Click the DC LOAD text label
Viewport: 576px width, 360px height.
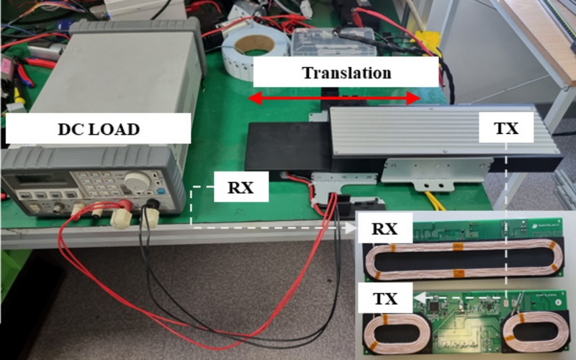(98, 130)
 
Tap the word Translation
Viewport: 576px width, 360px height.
(346, 73)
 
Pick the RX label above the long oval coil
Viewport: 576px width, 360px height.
(387, 230)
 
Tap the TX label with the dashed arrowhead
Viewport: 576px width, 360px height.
(387, 296)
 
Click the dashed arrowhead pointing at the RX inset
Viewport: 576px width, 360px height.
(354, 229)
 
